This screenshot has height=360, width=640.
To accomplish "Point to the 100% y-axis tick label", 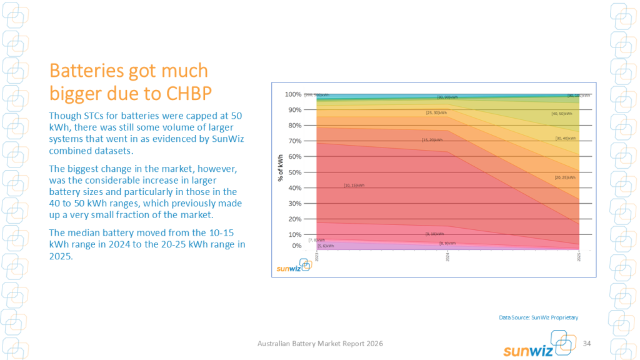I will (293, 94).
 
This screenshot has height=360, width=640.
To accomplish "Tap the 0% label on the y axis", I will (296, 246).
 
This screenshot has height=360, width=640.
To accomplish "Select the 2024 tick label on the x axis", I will (447, 256).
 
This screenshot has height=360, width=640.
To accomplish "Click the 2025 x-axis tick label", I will (579, 256).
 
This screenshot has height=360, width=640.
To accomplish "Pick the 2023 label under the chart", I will (317, 256).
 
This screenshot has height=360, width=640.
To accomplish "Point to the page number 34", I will (587, 344).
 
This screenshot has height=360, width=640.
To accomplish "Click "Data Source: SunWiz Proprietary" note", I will (538, 317).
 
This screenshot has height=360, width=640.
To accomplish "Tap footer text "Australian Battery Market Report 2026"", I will (320, 344).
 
